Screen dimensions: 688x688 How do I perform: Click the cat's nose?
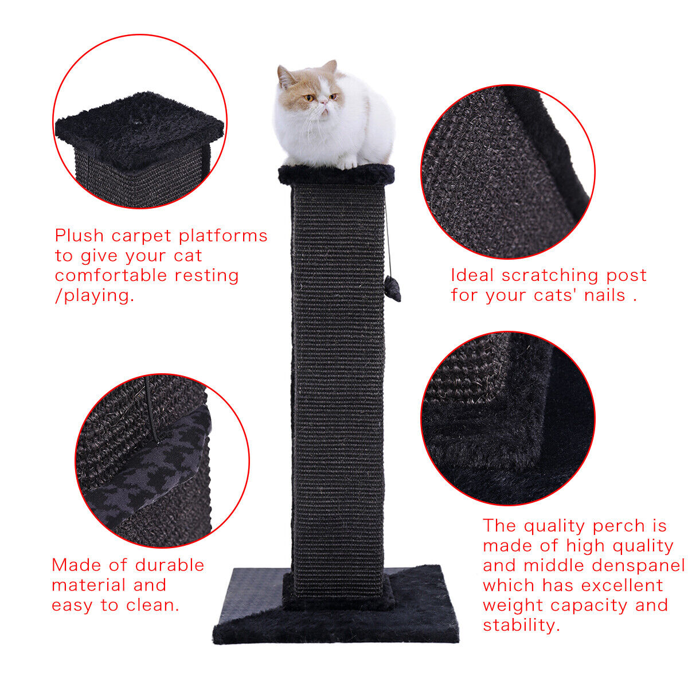(323, 103)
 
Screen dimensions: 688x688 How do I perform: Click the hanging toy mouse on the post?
(392, 288)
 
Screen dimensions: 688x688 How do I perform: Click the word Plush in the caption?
(79, 236)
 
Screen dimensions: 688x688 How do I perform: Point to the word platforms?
(223, 236)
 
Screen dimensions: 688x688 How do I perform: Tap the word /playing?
(95, 296)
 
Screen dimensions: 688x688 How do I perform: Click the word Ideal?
(472, 275)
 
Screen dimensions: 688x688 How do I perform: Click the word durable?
(169, 565)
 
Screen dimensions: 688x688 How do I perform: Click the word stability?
(521, 626)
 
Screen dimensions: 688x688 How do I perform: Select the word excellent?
(622, 585)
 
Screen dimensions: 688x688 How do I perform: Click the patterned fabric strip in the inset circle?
(150, 475)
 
